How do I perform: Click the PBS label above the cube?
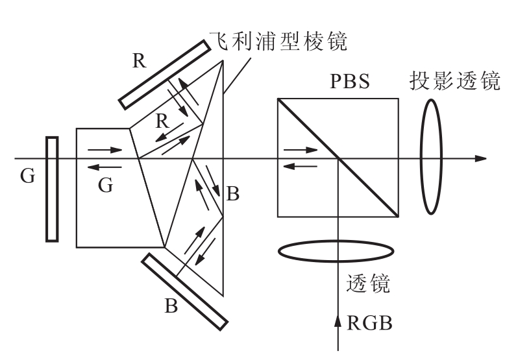pos(350,81)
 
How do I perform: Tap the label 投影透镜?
pos(455,80)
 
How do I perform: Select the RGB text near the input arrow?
pos(369,323)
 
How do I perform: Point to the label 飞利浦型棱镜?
pos(278,42)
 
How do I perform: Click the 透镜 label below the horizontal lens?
pos(368,283)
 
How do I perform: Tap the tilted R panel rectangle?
pos(165,75)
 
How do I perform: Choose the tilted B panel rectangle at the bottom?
pos(185,292)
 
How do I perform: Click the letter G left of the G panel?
pos(27,176)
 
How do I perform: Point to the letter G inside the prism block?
pos(106,186)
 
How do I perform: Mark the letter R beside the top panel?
pos(140,60)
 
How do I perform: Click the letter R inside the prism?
pos(162,121)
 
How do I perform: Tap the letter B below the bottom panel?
pos(171,306)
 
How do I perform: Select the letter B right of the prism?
pos(233,194)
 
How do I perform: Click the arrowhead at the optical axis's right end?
pos(480,158)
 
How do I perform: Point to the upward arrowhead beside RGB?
pos(338,320)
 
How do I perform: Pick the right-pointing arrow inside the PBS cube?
pos(301,150)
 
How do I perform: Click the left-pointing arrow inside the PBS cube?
pos(301,166)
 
